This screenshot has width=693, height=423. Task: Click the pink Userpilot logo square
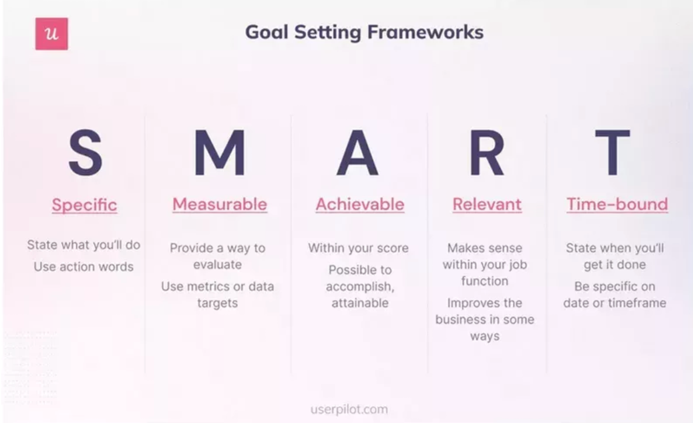(52, 34)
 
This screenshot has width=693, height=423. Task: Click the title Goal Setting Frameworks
(364, 32)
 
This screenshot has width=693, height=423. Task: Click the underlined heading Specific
(84, 205)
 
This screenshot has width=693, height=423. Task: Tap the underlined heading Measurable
(219, 204)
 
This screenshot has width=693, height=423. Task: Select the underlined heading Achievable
(359, 204)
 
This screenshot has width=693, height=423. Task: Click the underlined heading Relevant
(487, 204)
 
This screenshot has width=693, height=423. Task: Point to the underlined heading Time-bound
(617, 204)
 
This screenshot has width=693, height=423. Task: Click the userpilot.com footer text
(348, 409)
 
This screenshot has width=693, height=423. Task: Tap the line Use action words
(84, 267)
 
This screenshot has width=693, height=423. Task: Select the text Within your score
(358, 248)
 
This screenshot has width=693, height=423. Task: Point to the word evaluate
(217, 265)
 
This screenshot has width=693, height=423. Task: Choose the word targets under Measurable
(217, 302)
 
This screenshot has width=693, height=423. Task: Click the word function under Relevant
(484, 281)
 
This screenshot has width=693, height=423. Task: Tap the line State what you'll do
(84, 245)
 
